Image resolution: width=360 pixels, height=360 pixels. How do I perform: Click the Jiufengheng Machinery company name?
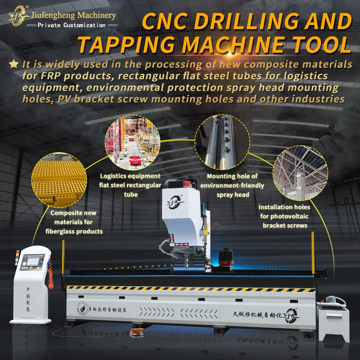73,15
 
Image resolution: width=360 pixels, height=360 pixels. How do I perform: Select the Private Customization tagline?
71,25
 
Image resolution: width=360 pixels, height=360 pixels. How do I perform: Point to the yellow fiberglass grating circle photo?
58,181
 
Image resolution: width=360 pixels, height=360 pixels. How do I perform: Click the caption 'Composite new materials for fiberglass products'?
74,222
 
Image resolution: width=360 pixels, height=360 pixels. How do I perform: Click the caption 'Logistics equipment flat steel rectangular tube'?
130,185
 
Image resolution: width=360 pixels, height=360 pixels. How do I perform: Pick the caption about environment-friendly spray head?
232,185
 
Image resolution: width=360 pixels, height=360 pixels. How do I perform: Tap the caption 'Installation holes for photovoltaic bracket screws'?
284,216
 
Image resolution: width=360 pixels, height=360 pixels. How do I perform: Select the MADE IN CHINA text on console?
28,318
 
